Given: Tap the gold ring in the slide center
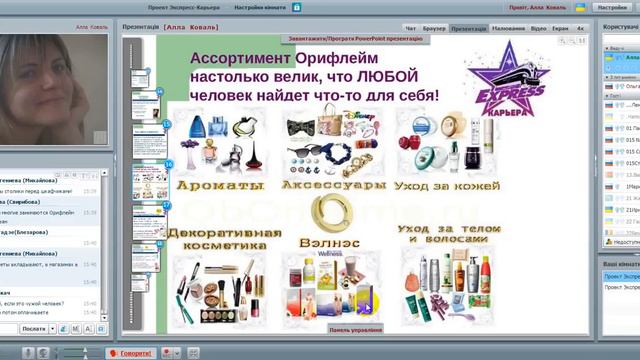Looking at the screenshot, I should (x=326, y=213).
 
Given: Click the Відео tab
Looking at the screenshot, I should (x=539, y=30).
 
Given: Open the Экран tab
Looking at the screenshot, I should (x=562, y=30).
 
